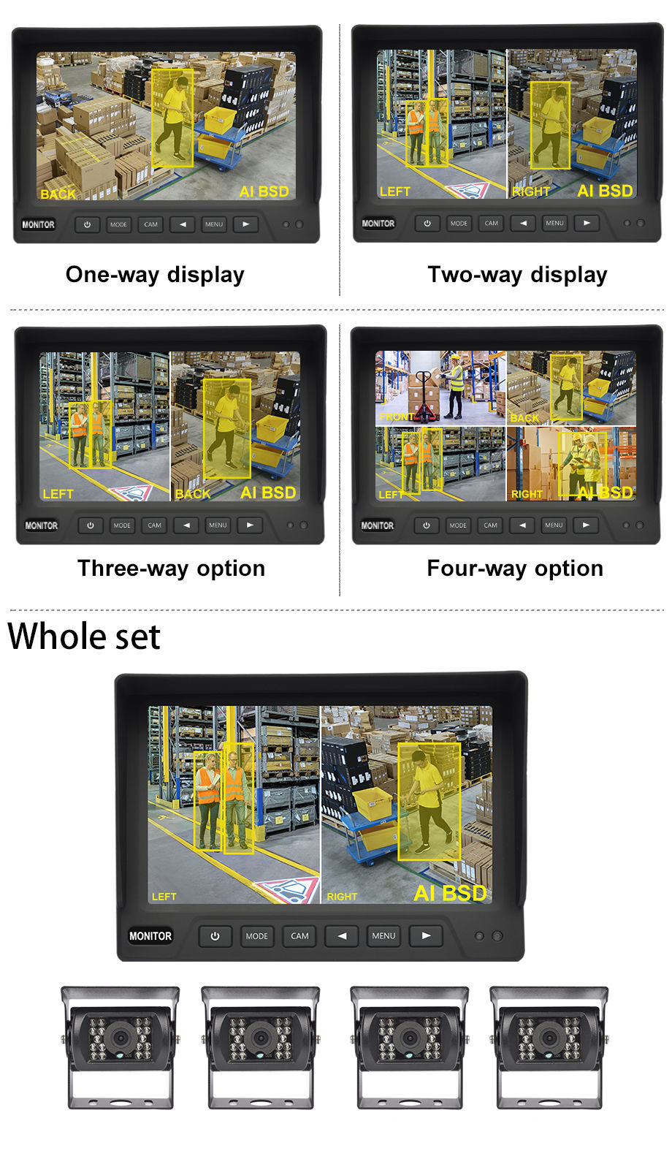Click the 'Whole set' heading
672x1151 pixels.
(x=84, y=636)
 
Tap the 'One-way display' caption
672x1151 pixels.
(x=155, y=275)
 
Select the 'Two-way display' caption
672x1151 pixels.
(x=517, y=275)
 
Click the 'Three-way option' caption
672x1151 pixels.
(x=171, y=569)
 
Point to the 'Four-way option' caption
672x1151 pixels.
(x=515, y=569)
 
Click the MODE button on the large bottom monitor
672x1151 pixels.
(x=256, y=936)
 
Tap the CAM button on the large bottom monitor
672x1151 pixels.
(x=299, y=936)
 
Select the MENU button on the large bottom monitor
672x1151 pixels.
(x=383, y=936)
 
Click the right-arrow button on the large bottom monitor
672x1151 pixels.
(x=426, y=935)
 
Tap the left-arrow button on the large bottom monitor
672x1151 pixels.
(x=341, y=935)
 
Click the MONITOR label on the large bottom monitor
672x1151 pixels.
(x=150, y=936)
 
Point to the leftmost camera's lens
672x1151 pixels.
(x=119, y=1037)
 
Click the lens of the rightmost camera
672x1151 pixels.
(x=549, y=1037)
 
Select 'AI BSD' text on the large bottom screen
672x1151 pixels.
(x=450, y=893)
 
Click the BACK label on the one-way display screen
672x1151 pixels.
(x=58, y=194)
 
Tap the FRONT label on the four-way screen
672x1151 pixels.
(x=397, y=417)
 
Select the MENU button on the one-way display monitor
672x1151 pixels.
(x=214, y=224)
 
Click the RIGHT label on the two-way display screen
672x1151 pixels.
(x=530, y=191)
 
